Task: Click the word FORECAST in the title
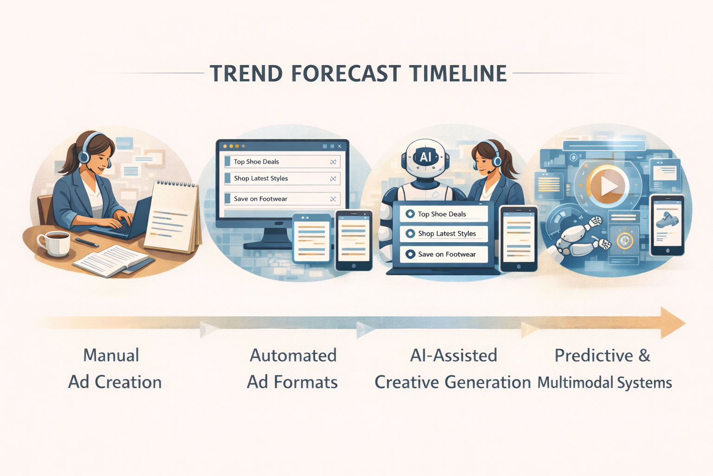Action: (x=346, y=73)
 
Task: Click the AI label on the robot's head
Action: (x=425, y=157)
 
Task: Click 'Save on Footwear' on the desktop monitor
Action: (x=260, y=199)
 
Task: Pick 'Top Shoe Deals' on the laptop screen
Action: (x=441, y=214)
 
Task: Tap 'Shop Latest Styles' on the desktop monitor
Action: (x=260, y=178)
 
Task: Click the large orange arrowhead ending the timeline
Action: (x=672, y=323)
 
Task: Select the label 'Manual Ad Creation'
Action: (x=114, y=369)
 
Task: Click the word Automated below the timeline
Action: (x=293, y=356)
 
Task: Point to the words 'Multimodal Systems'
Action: (x=604, y=383)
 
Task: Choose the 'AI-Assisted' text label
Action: (x=454, y=356)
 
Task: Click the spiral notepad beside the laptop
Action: (x=173, y=216)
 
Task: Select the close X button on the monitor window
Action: (x=339, y=146)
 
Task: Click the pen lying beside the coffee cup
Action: (x=87, y=242)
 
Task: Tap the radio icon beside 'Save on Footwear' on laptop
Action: (x=410, y=254)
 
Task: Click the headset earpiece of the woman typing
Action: (x=84, y=156)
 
